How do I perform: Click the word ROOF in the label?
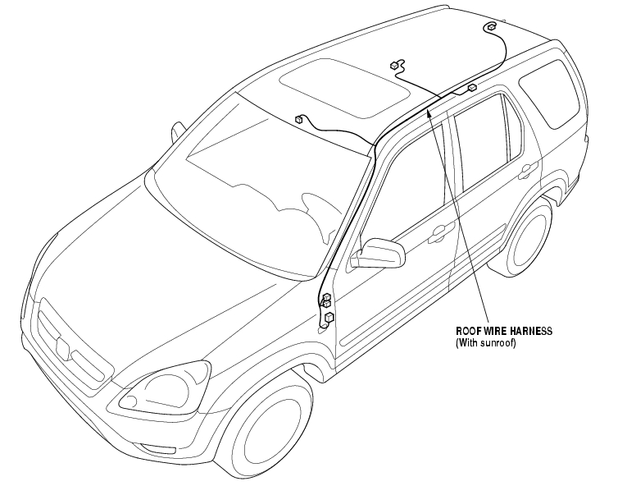point(468,331)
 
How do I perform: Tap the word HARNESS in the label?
point(529,331)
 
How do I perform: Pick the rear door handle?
point(529,171)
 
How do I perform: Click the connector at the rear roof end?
point(490,28)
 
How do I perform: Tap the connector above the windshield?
point(301,120)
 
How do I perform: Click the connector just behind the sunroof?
point(396,65)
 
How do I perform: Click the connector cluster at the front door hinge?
point(327,305)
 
